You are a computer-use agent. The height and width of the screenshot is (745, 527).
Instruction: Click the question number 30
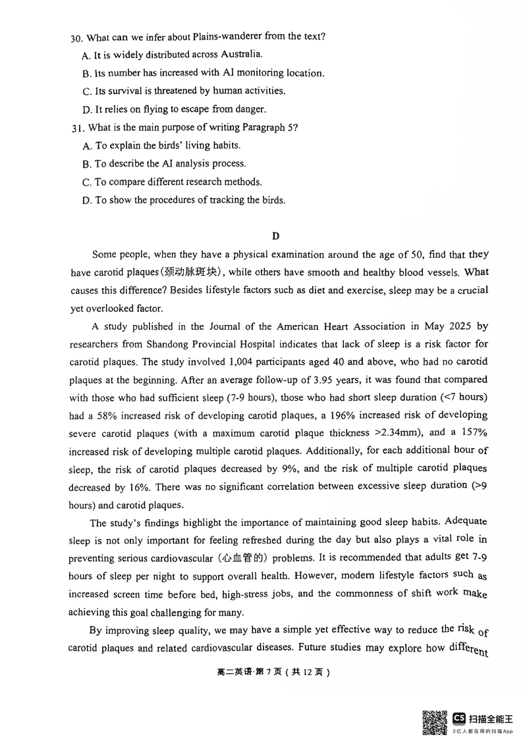tap(77, 37)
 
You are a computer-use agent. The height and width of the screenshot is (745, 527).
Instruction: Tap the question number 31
tap(77, 128)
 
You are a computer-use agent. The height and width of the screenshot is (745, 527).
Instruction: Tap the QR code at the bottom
tap(434, 722)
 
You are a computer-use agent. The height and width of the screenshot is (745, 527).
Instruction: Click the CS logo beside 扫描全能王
tap(459, 718)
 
